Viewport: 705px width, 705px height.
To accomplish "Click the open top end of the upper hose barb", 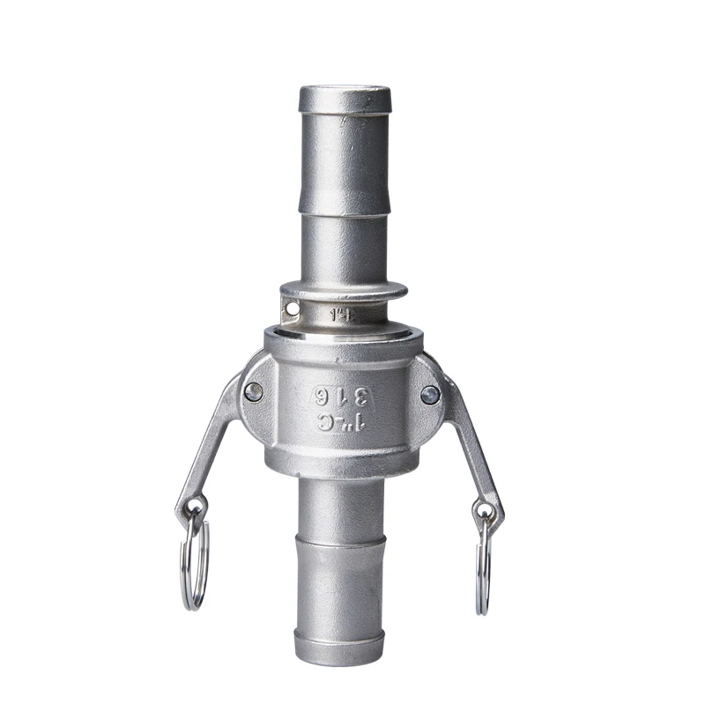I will point(343,91).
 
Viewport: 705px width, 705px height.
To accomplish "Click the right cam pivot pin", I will point(430,395).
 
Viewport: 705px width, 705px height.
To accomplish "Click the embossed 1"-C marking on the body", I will point(343,421).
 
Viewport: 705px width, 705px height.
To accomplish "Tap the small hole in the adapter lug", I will point(292,308).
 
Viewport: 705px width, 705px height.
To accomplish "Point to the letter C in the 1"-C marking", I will point(325,421).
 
